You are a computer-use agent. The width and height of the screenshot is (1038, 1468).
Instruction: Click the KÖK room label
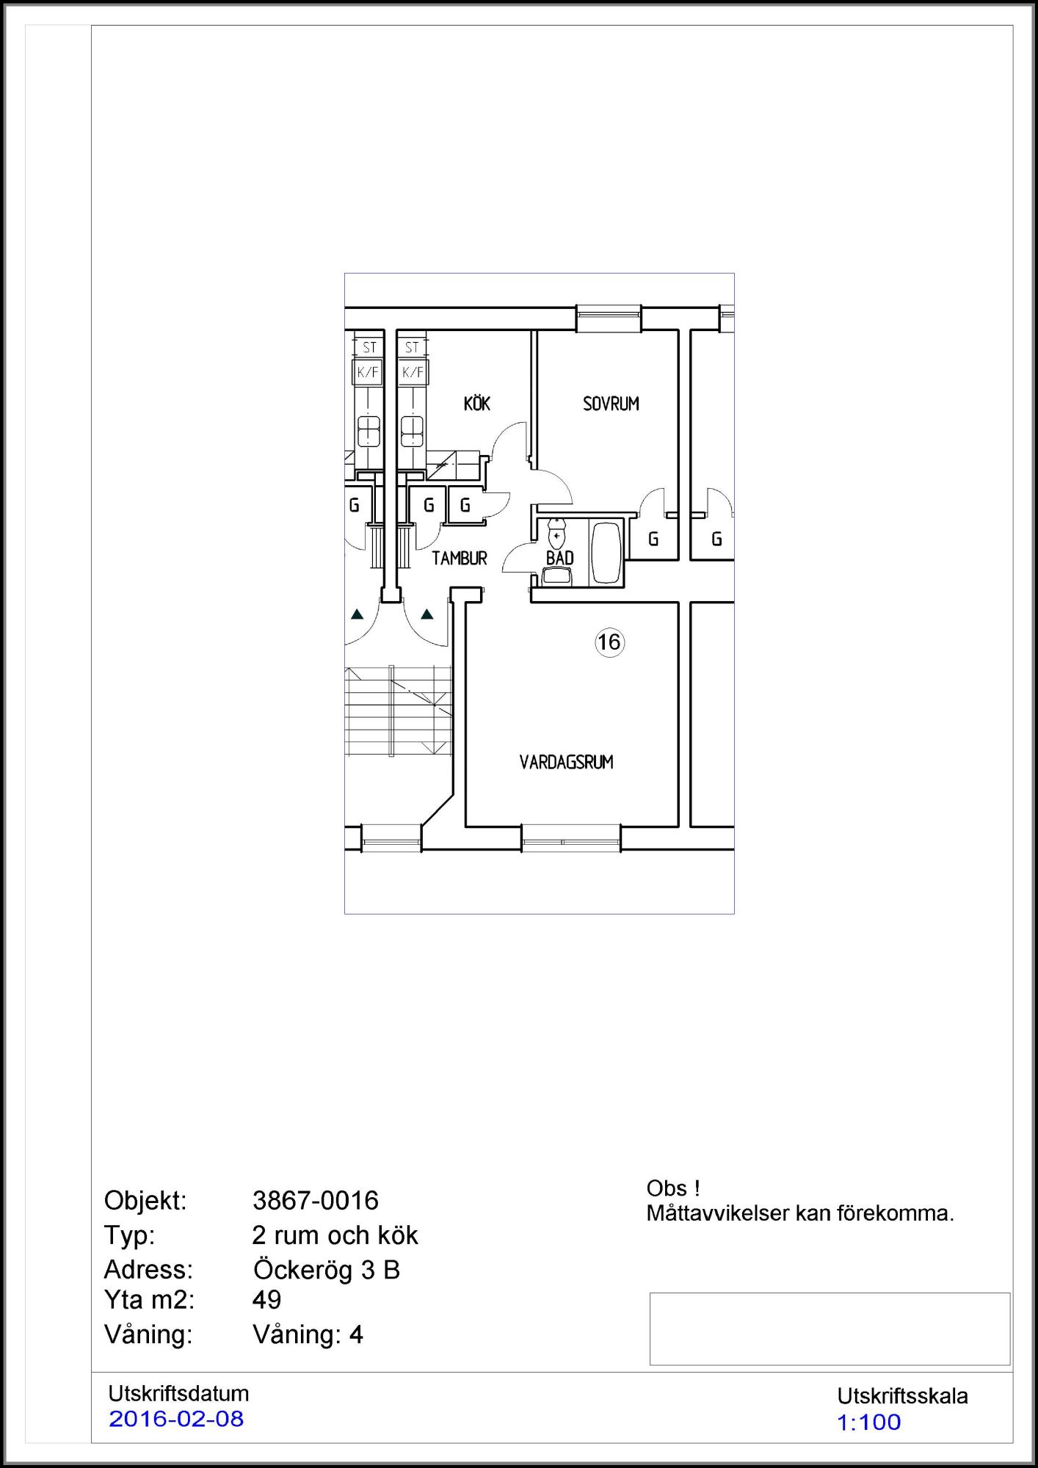(x=477, y=403)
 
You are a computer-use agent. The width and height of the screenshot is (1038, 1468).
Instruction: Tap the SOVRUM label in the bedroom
(x=611, y=404)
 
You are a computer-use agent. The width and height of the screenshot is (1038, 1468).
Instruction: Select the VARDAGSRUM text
(x=566, y=762)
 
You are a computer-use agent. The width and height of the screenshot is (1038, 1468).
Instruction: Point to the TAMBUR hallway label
(x=460, y=559)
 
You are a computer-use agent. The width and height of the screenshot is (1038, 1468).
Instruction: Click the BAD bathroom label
(x=559, y=558)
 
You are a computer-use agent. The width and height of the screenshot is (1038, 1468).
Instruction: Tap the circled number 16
(x=609, y=642)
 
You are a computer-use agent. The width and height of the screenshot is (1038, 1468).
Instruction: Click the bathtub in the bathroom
(x=606, y=553)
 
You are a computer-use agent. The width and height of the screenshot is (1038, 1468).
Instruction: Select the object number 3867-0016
(x=316, y=1200)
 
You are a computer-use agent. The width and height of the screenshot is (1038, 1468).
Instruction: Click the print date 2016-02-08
(x=176, y=1419)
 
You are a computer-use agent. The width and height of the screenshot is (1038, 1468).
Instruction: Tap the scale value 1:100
(x=869, y=1422)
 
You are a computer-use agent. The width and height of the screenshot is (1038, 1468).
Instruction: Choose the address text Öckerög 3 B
(x=327, y=1269)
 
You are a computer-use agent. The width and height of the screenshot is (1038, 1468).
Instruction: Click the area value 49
(x=267, y=1300)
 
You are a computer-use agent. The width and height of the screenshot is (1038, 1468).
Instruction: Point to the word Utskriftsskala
(x=903, y=1396)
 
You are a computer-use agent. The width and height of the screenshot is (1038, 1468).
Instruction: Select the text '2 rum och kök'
(x=335, y=1235)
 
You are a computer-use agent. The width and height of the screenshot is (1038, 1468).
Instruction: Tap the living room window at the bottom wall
(x=570, y=838)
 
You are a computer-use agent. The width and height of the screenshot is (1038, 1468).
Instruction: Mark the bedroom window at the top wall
(x=609, y=319)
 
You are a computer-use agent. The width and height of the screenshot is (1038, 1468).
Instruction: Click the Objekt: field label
(x=145, y=1201)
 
